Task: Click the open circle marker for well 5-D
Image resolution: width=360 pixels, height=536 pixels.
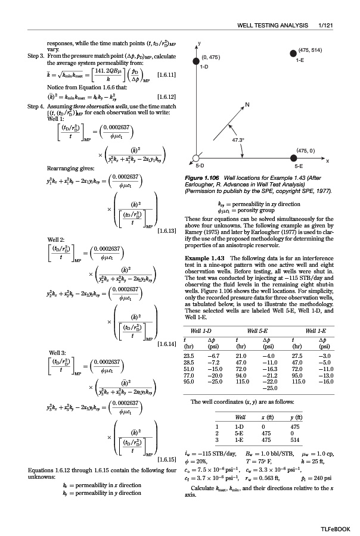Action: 194,158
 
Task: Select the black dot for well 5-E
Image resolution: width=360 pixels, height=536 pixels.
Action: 293,158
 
